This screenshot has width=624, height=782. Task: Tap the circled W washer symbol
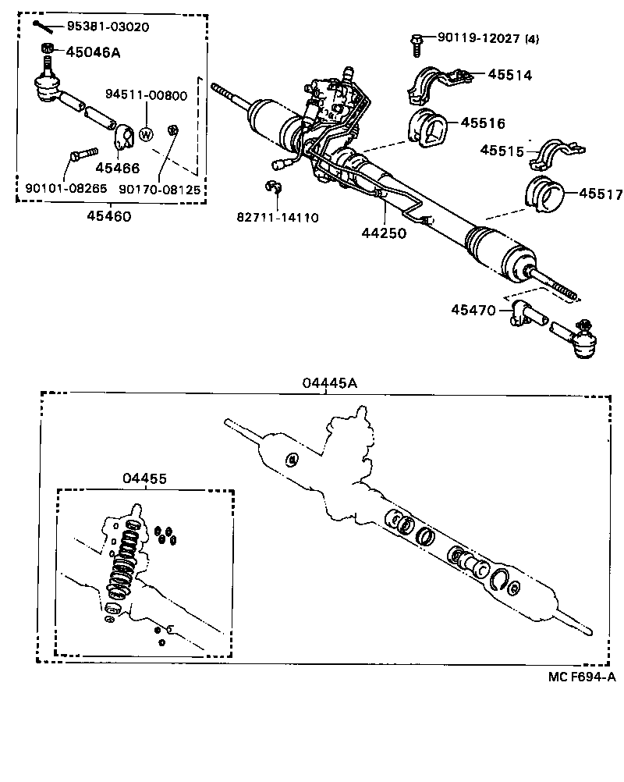146,134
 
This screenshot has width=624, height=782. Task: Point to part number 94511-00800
146,96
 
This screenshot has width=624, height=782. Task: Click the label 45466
117,168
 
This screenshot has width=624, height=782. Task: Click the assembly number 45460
109,216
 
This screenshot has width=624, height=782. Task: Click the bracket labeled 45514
434,84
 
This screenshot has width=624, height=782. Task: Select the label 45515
501,150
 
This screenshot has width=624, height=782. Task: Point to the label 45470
473,311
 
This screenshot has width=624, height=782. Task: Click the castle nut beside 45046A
48,53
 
